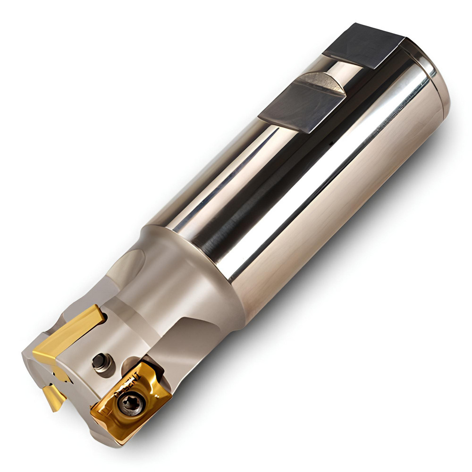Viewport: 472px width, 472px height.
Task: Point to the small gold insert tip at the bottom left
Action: [52, 395]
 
